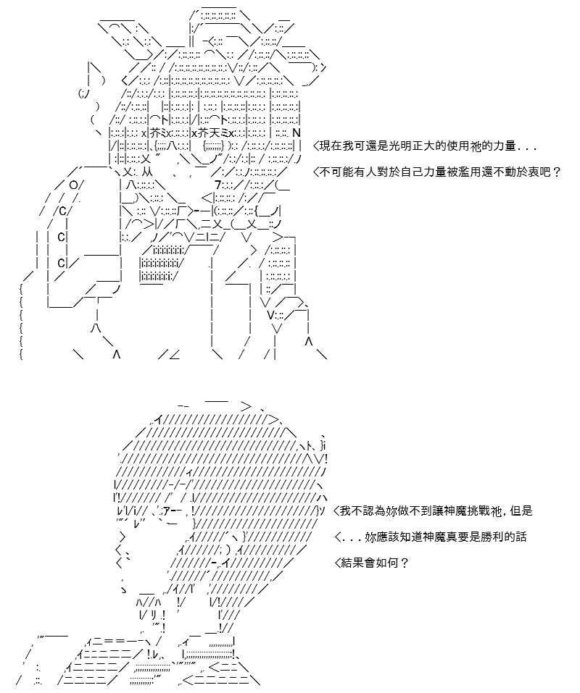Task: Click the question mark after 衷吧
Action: [556, 172]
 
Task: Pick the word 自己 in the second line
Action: [413, 172]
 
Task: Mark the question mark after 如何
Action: [404, 563]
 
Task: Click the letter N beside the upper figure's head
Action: [297, 133]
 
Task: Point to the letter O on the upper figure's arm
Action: [73, 185]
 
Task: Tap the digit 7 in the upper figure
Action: [217, 185]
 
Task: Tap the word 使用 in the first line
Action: [458, 146]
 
